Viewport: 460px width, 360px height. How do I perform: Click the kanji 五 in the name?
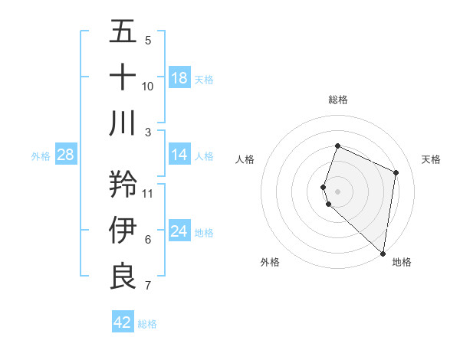point(123,32)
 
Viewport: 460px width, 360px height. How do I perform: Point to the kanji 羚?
point(123,184)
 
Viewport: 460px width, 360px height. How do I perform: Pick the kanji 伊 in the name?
point(123,230)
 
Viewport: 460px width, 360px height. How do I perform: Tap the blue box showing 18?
point(179,78)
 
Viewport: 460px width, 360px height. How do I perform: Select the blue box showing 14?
point(179,155)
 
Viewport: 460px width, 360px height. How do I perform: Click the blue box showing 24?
point(179,231)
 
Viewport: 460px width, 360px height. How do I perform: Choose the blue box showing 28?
point(66,155)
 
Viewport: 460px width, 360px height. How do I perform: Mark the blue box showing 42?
point(123,322)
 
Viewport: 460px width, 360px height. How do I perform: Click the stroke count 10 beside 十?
point(148,87)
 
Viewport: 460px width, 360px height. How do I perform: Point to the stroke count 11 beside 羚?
point(148,193)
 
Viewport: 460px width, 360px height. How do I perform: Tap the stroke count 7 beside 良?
point(148,286)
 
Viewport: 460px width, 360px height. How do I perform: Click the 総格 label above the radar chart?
point(338,100)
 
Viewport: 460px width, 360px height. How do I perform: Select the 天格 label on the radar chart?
point(431,159)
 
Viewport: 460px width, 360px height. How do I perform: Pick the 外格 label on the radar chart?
point(270,262)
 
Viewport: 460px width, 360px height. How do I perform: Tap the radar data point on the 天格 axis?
point(396,172)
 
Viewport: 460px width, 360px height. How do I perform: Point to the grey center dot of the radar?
point(338,191)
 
